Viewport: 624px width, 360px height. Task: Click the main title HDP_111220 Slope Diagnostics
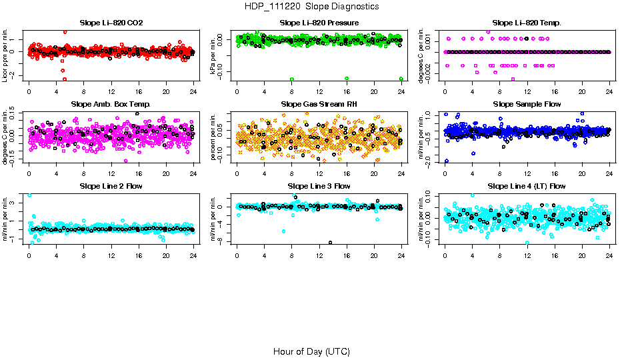click(311, 6)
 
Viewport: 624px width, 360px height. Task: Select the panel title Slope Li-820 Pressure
click(319, 23)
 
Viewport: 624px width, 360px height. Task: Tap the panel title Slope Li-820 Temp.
click(527, 23)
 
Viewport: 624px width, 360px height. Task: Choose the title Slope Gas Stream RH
click(319, 105)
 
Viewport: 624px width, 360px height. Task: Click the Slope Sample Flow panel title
click(527, 105)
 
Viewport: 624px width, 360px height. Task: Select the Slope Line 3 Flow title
click(319, 186)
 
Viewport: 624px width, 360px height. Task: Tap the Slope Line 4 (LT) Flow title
click(527, 186)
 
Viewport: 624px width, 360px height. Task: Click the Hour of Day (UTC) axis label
click(311, 351)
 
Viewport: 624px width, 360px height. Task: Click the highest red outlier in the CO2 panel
click(65, 31)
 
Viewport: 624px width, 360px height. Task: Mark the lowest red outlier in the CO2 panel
click(64, 79)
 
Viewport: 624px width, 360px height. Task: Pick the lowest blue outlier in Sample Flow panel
click(446, 161)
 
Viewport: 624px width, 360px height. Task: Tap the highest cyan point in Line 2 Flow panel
click(29, 195)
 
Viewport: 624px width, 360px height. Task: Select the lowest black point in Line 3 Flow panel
click(330, 243)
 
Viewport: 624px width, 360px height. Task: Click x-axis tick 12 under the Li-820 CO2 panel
click(111, 91)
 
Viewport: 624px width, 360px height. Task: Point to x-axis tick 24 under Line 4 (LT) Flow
click(609, 254)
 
